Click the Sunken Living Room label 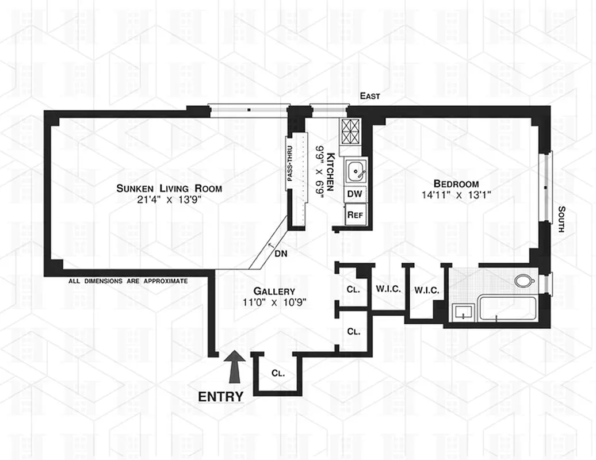coord(169,188)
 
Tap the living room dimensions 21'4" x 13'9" coord(169,200)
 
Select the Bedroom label coord(457,183)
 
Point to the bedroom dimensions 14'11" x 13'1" coord(457,195)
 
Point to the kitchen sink coord(355,170)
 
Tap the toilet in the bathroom coord(524,281)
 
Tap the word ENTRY coord(220,396)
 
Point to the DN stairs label coord(281,253)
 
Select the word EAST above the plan coord(369,96)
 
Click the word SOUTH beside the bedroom coord(561,219)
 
